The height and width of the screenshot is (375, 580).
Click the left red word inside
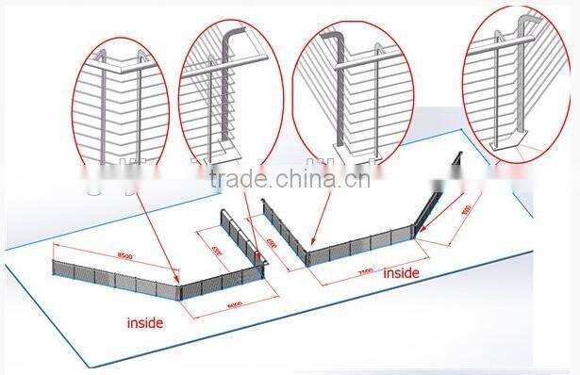click(x=145, y=322)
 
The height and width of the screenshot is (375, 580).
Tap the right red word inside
click(x=401, y=273)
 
